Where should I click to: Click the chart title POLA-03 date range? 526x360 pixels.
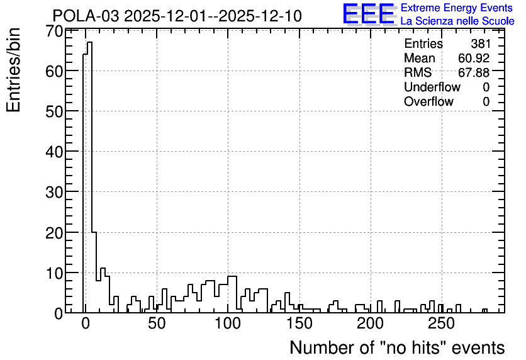point(177,16)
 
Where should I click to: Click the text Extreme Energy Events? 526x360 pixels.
point(457,8)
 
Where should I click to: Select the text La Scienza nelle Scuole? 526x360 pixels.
point(457,21)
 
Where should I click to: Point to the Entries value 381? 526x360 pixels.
point(480,43)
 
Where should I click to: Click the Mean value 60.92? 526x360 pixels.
point(474,58)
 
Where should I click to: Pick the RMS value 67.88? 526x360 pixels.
point(474,72)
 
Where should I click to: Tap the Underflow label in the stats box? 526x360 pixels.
point(432,87)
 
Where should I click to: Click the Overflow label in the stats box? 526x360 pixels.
point(428,101)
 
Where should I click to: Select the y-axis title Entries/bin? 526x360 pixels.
point(13,70)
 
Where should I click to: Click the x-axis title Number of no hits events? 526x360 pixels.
point(397,347)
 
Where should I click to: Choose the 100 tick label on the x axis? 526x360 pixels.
point(228,323)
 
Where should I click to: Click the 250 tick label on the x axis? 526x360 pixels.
point(442,323)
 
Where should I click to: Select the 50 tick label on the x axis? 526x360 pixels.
point(157,323)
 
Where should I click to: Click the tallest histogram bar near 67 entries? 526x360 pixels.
point(89,177)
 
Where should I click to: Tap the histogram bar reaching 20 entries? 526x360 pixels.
point(94,272)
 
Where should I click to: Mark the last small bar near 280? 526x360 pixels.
point(484,311)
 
